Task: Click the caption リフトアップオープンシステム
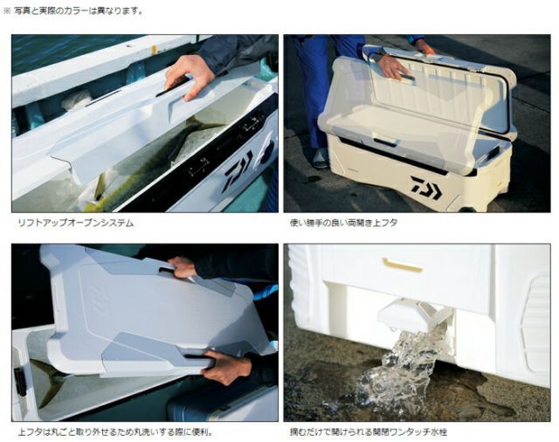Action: click(x=76, y=223)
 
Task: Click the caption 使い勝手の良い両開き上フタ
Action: click(x=343, y=223)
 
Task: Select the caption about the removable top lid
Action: click(x=115, y=432)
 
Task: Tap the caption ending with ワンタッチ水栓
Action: click(x=369, y=432)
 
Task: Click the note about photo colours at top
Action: click(x=73, y=10)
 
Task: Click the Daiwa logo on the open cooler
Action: click(x=426, y=187)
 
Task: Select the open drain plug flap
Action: click(x=403, y=314)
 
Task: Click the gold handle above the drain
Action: click(x=402, y=265)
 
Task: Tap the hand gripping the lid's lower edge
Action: click(x=225, y=366)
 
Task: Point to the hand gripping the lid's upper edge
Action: click(x=183, y=267)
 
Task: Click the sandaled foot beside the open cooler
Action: click(x=321, y=158)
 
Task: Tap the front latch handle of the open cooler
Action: click(x=386, y=139)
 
